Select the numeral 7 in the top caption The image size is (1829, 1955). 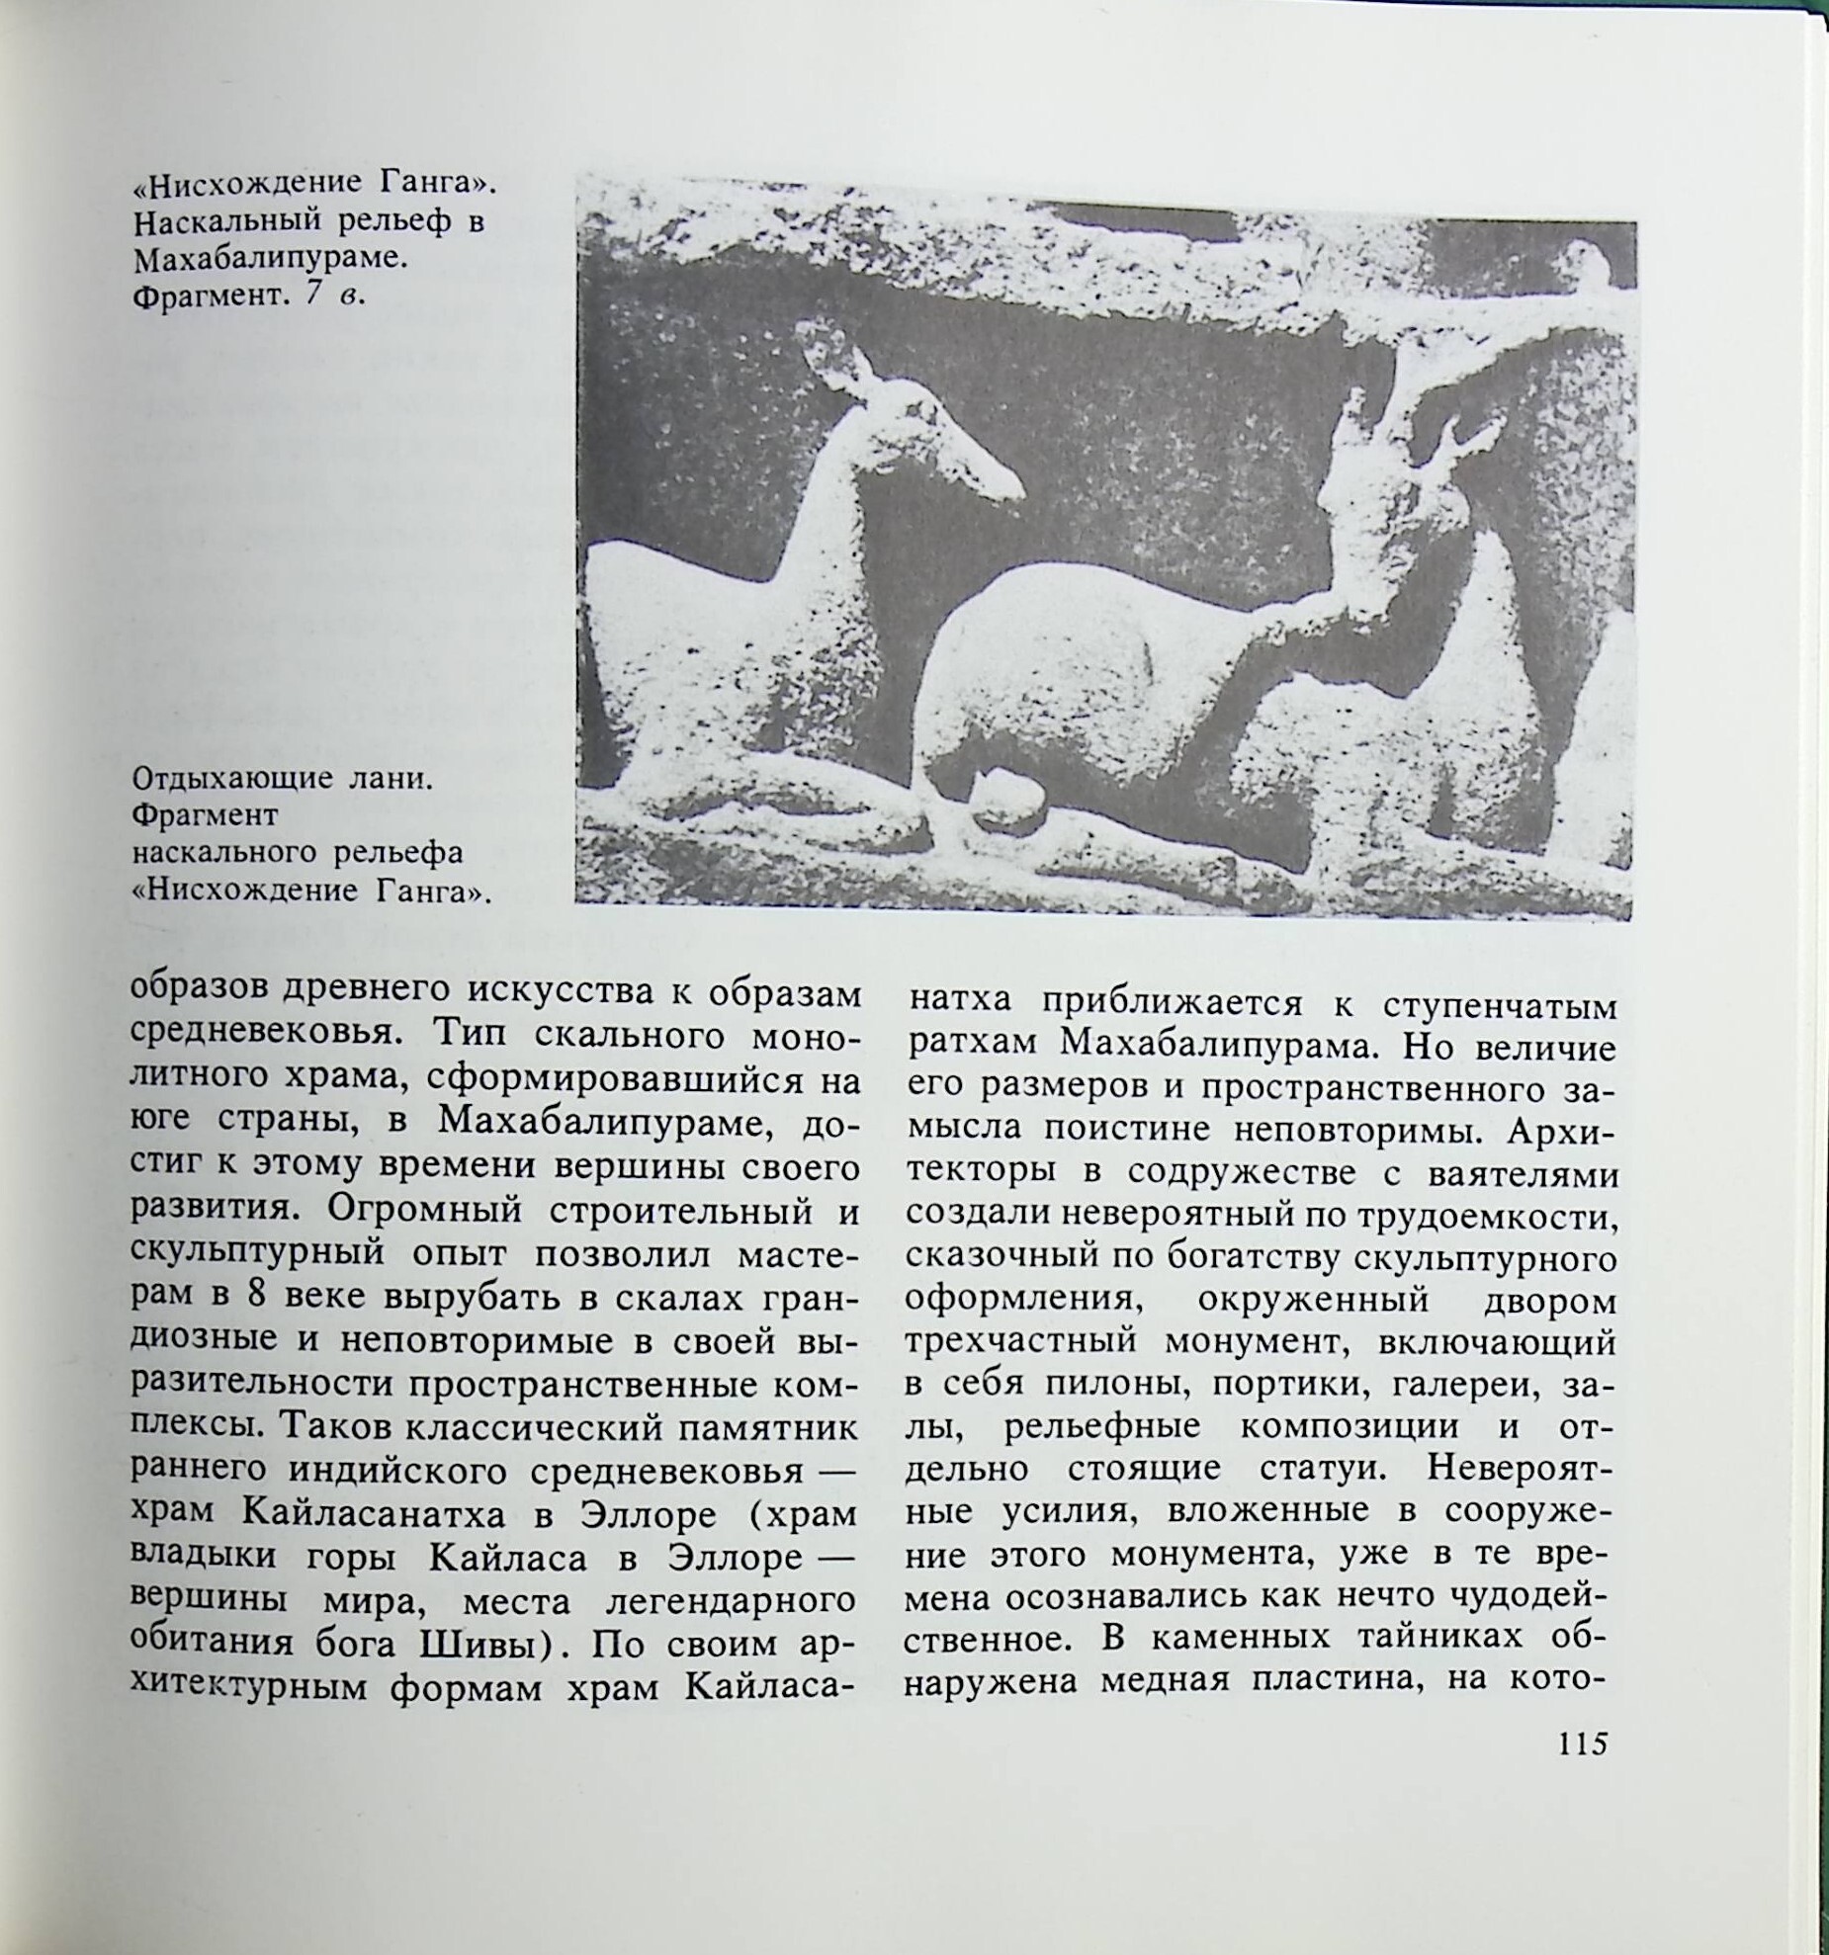pyautogui.click(x=312, y=294)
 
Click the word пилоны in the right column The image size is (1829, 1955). pyautogui.click(x=1116, y=1385)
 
